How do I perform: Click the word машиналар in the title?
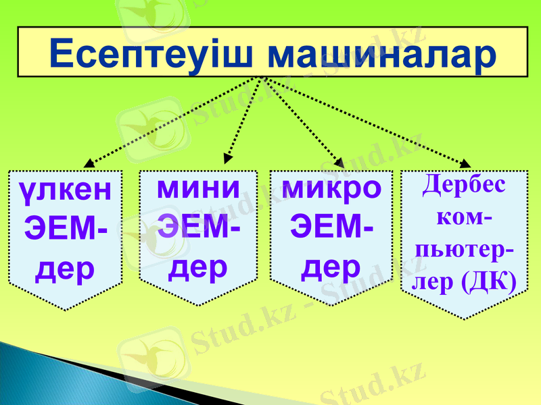tap(381, 54)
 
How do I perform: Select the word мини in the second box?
tap(198, 187)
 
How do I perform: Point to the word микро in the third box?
tap(331, 188)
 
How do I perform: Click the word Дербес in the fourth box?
tap(464, 184)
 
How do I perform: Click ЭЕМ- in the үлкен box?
tap(66, 230)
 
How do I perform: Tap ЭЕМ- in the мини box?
tap(198, 227)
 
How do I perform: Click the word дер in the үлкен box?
tap(66, 269)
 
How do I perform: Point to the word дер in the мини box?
tap(198, 267)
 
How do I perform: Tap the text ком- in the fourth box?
tap(464, 217)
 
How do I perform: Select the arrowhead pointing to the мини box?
tap(229, 159)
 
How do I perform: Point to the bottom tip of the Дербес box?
tap(464, 318)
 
